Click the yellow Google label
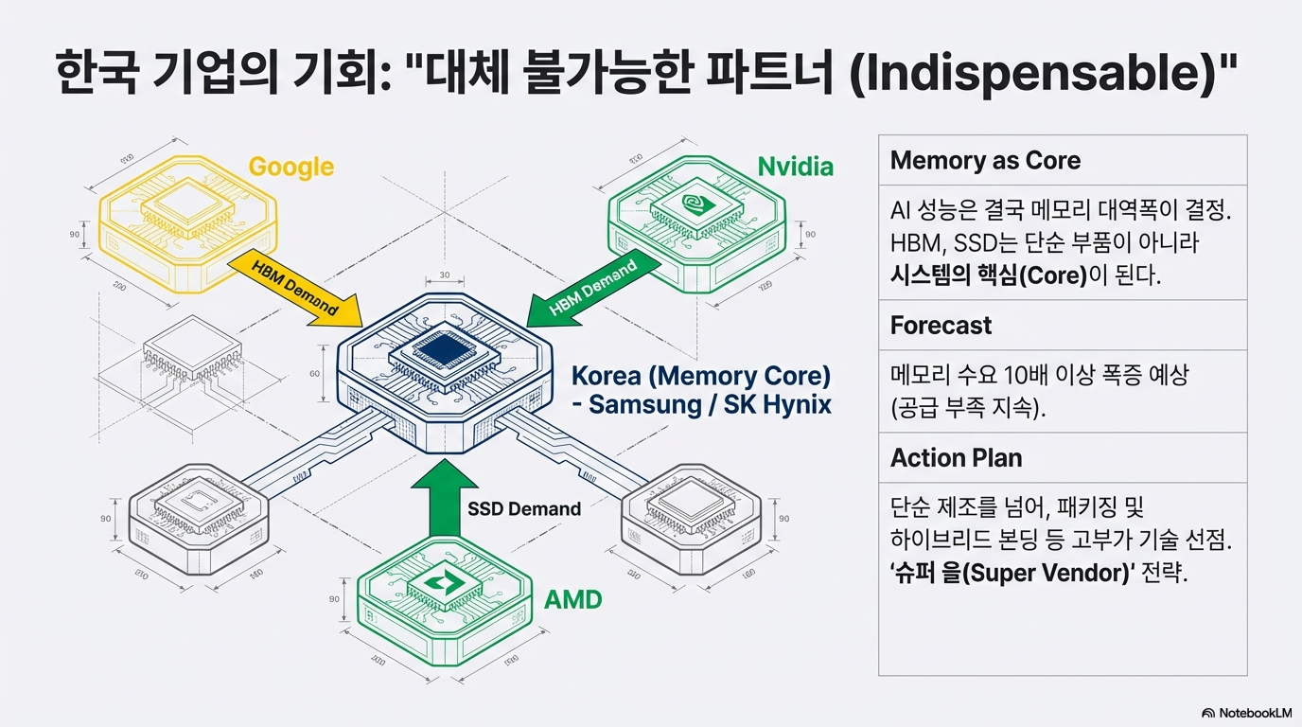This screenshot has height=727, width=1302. tap(290, 168)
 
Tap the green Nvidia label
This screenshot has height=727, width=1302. tap(796, 168)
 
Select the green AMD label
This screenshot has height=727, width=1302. tap(573, 600)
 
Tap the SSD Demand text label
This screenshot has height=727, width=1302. tap(524, 508)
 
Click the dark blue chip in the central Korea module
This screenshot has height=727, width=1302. tap(444, 351)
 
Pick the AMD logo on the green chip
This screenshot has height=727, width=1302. tap(443, 583)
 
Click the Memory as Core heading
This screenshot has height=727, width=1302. tap(985, 161)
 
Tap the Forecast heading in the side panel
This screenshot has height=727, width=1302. tap(941, 326)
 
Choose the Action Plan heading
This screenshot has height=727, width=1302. tap(956, 458)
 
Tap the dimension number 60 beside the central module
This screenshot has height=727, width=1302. tap(314, 373)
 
